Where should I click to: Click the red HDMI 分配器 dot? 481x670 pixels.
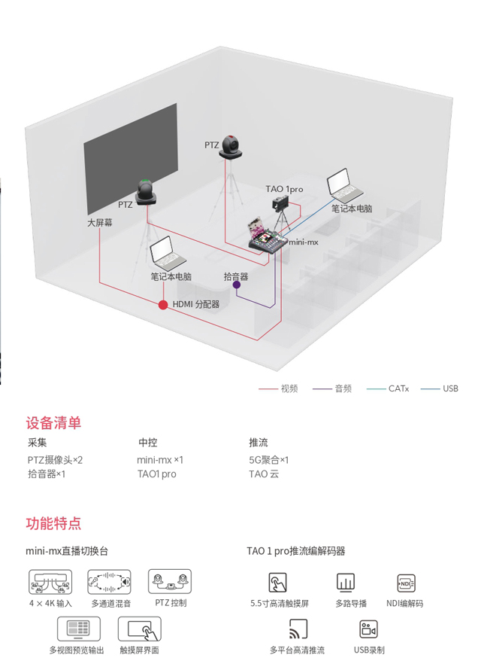tap(163, 305)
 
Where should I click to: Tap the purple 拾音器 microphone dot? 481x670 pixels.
tap(236, 285)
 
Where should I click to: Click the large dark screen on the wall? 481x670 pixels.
tap(131, 159)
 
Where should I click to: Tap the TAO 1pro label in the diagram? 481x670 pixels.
tap(284, 189)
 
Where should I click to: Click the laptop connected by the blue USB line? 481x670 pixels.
tap(344, 186)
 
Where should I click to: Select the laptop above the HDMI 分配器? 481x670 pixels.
tap(167, 254)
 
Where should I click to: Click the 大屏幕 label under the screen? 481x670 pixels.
tap(100, 223)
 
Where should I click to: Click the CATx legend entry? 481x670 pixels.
tap(388, 388)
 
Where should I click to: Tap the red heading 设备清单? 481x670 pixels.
tap(53, 422)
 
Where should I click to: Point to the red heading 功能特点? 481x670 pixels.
tap(53, 523)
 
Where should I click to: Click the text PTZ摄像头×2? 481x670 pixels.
tap(55, 460)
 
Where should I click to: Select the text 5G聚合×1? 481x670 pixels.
tap(268, 460)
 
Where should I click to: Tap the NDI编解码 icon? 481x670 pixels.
tap(406, 583)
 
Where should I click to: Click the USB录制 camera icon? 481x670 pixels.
tap(369, 629)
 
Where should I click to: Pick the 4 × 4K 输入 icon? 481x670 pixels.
tap(50, 582)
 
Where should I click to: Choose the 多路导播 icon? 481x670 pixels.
tap(346, 583)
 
